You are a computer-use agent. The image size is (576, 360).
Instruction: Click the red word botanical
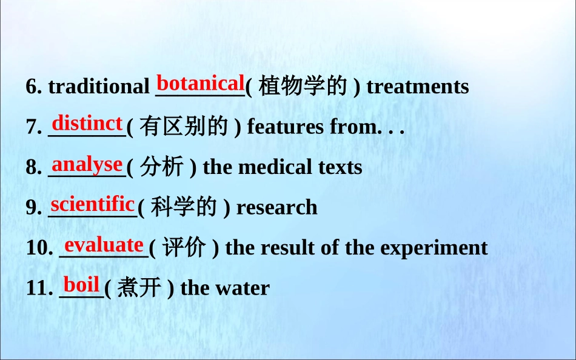pos(200,83)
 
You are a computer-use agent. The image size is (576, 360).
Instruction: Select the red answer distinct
pos(87,123)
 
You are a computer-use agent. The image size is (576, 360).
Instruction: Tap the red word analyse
pos(87,165)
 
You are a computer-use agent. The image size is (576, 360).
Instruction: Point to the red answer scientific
pos(93,204)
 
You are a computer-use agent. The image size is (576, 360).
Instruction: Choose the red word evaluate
pos(104,245)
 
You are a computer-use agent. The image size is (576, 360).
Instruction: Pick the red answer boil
pos(82,284)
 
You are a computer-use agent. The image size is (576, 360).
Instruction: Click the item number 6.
pos(34,87)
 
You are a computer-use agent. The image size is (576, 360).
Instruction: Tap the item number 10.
pos(39,248)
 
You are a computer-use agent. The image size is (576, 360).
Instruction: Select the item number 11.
pos(39,288)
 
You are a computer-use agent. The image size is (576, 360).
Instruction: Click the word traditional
pos(99,87)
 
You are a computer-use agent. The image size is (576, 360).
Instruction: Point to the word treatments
pos(418,87)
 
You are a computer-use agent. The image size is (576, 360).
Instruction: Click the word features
pos(286,127)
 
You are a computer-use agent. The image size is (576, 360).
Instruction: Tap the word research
pos(277,207)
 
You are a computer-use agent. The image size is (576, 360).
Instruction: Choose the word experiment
pos(434,248)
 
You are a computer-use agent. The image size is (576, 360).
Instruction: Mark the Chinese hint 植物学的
pos(303,86)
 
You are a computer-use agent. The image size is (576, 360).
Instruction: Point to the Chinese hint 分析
pos(161,167)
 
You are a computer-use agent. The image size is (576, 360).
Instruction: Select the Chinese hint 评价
pos(184,247)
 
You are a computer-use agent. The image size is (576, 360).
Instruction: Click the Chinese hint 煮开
pos(139,287)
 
